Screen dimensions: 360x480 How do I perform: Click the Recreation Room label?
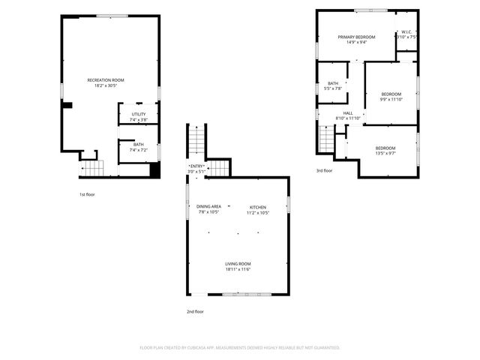coord(106,79)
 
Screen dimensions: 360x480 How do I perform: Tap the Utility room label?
coord(139,114)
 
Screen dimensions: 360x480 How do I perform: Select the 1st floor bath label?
coord(139,145)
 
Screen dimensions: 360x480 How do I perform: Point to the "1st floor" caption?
coord(87,194)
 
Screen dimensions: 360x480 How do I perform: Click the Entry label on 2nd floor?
coord(196,166)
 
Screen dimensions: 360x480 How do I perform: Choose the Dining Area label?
coord(208,206)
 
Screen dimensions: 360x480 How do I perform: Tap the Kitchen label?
coord(258,206)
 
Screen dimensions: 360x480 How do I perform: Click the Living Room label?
coord(238,263)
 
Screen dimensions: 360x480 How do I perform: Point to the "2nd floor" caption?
coord(195,311)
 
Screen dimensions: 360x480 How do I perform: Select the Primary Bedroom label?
coord(356,37)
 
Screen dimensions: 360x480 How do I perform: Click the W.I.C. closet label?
coord(405,32)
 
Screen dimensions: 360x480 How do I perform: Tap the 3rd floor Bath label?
coord(332,83)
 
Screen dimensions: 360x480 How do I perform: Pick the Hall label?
coord(348,112)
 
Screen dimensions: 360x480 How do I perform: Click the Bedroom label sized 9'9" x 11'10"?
coord(391,94)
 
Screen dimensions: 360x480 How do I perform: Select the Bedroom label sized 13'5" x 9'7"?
coord(385,148)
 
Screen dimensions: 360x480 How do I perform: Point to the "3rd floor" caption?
coord(324,171)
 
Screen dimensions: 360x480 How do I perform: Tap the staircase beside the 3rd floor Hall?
coord(327,139)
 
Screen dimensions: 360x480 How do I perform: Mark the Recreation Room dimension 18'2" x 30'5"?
coord(106,85)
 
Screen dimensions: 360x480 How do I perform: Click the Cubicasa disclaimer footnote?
coord(240,347)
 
